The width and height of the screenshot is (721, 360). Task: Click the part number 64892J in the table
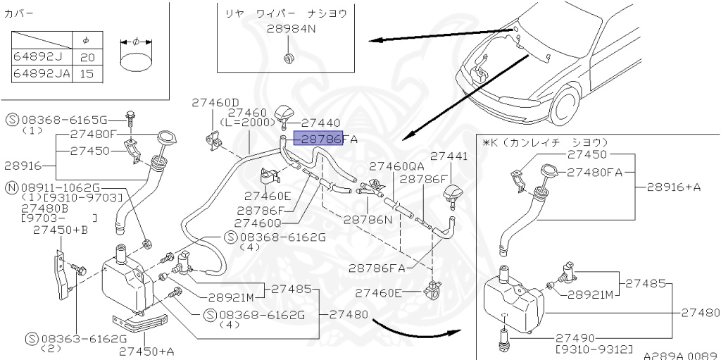[x=38, y=57]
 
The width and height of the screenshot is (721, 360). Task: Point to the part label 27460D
[x=215, y=103]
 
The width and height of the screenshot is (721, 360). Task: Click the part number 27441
[x=449, y=156]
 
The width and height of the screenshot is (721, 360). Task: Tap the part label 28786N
[x=368, y=219]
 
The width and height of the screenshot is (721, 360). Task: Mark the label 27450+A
[x=147, y=351]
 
